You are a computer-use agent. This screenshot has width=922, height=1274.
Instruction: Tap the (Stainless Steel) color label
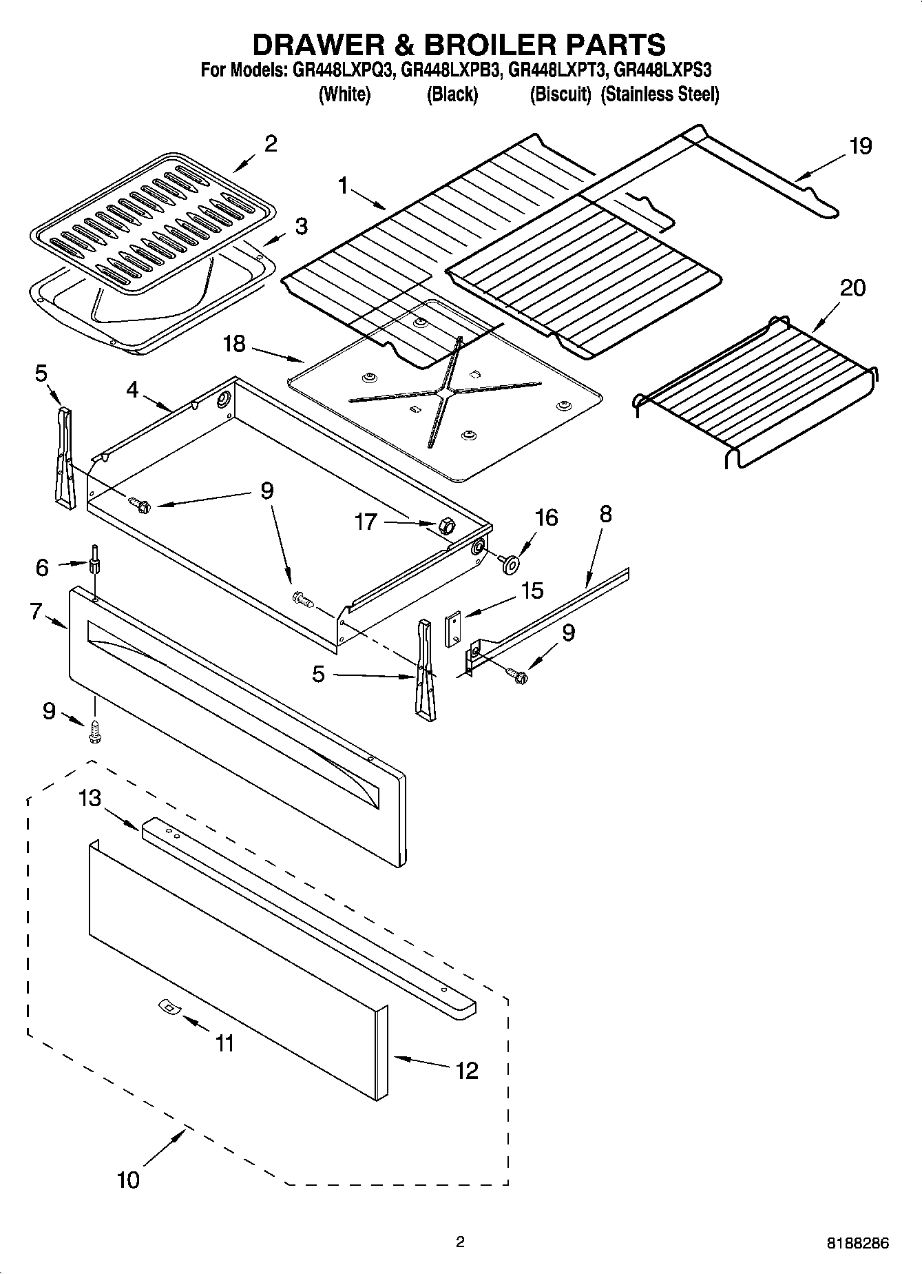660,94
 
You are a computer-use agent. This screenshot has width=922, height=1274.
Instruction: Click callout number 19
861,146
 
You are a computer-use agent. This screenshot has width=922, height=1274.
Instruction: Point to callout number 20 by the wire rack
852,287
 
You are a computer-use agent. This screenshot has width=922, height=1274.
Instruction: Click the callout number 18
234,343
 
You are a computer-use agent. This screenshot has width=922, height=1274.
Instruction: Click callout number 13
90,799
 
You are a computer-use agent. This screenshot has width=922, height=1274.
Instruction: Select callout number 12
466,1070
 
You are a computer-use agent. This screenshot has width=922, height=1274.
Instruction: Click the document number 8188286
858,1244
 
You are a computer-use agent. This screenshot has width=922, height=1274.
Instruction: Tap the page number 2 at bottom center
460,1242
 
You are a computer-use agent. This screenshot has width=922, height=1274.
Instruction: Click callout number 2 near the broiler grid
271,143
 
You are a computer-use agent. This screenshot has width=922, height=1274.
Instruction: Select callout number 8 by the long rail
605,514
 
